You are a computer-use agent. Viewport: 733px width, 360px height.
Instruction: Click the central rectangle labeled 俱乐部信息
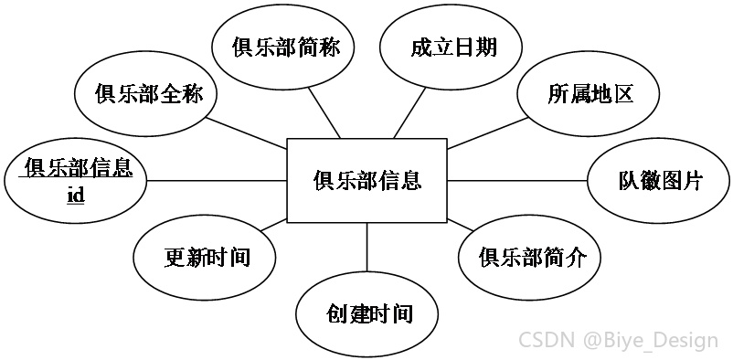pos(367,181)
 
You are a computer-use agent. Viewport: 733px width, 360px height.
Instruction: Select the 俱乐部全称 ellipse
pos(145,94)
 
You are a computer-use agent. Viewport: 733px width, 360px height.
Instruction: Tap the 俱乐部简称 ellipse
pos(282,48)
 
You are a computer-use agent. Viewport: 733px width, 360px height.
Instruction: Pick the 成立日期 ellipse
pos(451,48)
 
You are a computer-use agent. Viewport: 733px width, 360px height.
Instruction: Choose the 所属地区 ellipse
pos(588,94)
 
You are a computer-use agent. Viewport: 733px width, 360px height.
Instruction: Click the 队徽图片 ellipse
pos(658,181)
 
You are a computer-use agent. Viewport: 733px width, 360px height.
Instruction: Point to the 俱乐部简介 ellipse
pos(530,257)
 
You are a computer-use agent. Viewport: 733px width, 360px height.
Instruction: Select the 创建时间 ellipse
pos(367,313)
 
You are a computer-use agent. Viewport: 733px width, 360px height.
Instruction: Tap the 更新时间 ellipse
pos(205,257)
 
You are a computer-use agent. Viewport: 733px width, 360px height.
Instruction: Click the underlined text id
pos(76,195)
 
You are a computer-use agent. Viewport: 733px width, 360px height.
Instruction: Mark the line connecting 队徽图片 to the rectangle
pos(517,181)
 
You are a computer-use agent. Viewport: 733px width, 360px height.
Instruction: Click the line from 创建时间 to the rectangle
pos(367,247)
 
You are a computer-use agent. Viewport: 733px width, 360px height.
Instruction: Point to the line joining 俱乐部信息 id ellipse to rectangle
pos(217,181)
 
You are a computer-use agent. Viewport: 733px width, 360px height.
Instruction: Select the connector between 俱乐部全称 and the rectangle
pos(247,133)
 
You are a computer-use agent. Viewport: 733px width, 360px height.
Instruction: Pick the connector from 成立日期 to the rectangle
pos(409,113)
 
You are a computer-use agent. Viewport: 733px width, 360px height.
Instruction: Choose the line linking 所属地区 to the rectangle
pos(488,133)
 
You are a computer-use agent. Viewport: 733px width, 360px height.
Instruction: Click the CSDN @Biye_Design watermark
pos(619,341)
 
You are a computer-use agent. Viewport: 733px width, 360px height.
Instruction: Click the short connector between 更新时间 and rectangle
pos(273,225)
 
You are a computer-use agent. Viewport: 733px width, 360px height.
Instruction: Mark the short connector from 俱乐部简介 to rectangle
pos(461,225)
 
